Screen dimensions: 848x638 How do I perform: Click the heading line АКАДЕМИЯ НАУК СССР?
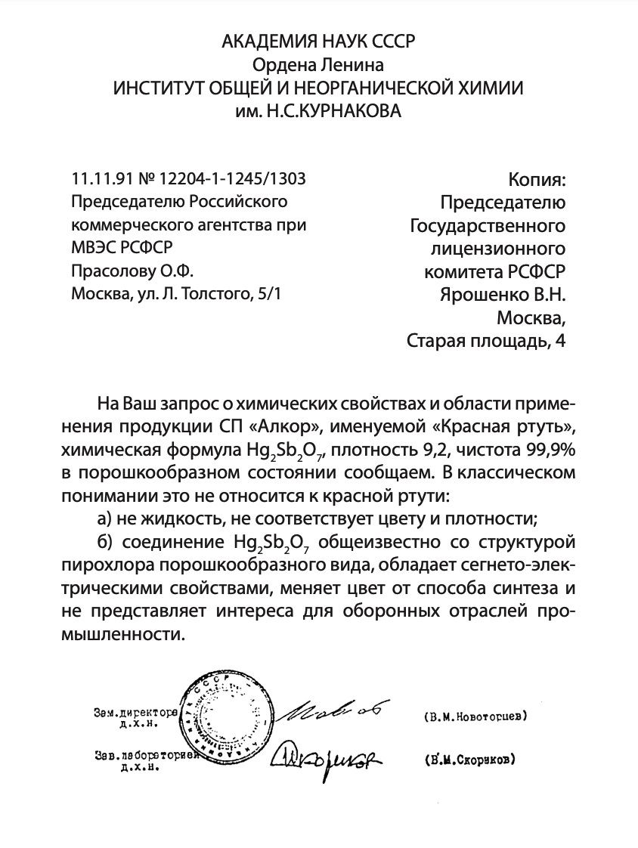pyautogui.click(x=318, y=42)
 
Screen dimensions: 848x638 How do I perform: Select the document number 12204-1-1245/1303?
pyautogui.click(x=231, y=179)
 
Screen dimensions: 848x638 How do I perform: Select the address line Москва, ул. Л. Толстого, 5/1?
pyautogui.click(x=175, y=293)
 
